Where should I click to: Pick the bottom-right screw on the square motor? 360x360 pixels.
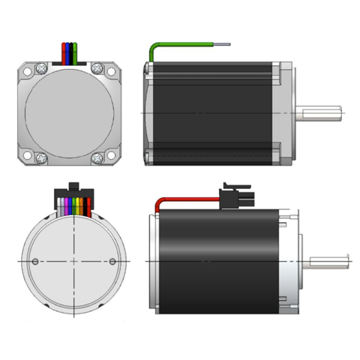click(x=97, y=158)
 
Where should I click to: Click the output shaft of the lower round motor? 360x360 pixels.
click(x=326, y=261)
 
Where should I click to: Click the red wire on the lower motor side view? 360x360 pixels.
click(x=187, y=200)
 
